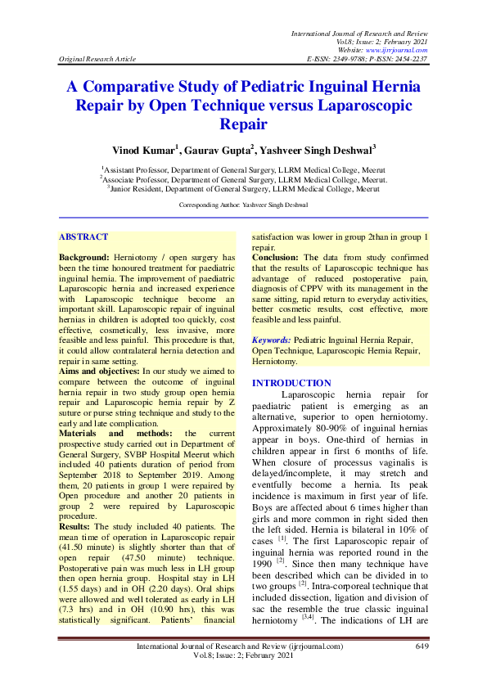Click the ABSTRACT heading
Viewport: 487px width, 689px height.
point(83,236)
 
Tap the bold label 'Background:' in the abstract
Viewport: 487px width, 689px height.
point(85,258)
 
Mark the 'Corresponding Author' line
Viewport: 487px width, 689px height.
point(243,205)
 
